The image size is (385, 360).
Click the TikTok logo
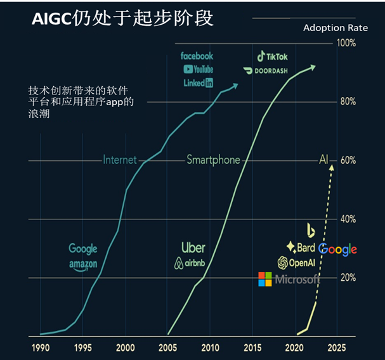[x=272, y=57]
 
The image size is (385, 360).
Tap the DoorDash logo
[x=266, y=70]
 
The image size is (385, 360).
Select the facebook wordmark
[x=197, y=56]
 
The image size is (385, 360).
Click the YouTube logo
[x=198, y=69]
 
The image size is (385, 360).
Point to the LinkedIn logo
[x=198, y=82]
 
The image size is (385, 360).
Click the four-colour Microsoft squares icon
[x=264, y=279]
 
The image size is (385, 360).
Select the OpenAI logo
[x=296, y=262]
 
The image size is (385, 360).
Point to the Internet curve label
[x=120, y=160]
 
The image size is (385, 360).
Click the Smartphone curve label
[x=213, y=160]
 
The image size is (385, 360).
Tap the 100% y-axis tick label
[x=346, y=43]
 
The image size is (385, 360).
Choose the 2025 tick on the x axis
[x=337, y=347]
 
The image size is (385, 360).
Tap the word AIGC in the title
[x=52, y=18]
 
